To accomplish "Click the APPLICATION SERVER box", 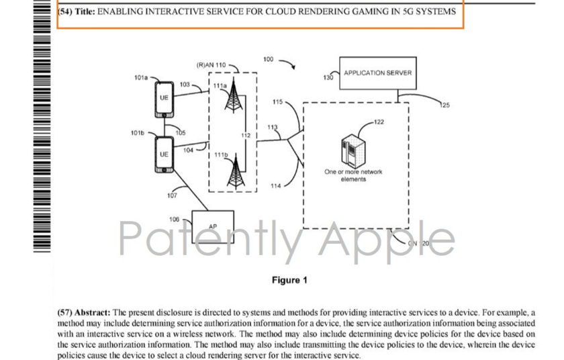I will [x=377, y=73].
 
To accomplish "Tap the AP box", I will [x=213, y=226].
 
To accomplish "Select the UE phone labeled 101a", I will [x=164, y=98].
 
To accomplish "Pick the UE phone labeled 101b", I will [x=164, y=155].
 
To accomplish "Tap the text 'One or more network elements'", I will [x=353, y=175].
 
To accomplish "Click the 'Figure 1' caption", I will [x=289, y=280].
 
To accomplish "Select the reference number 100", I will [x=269, y=60].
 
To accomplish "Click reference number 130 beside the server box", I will [x=328, y=78].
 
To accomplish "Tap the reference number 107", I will [x=172, y=195].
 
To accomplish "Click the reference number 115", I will [x=277, y=101].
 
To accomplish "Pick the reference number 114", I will [x=275, y=185].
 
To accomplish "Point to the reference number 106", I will [x=174, y=220].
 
